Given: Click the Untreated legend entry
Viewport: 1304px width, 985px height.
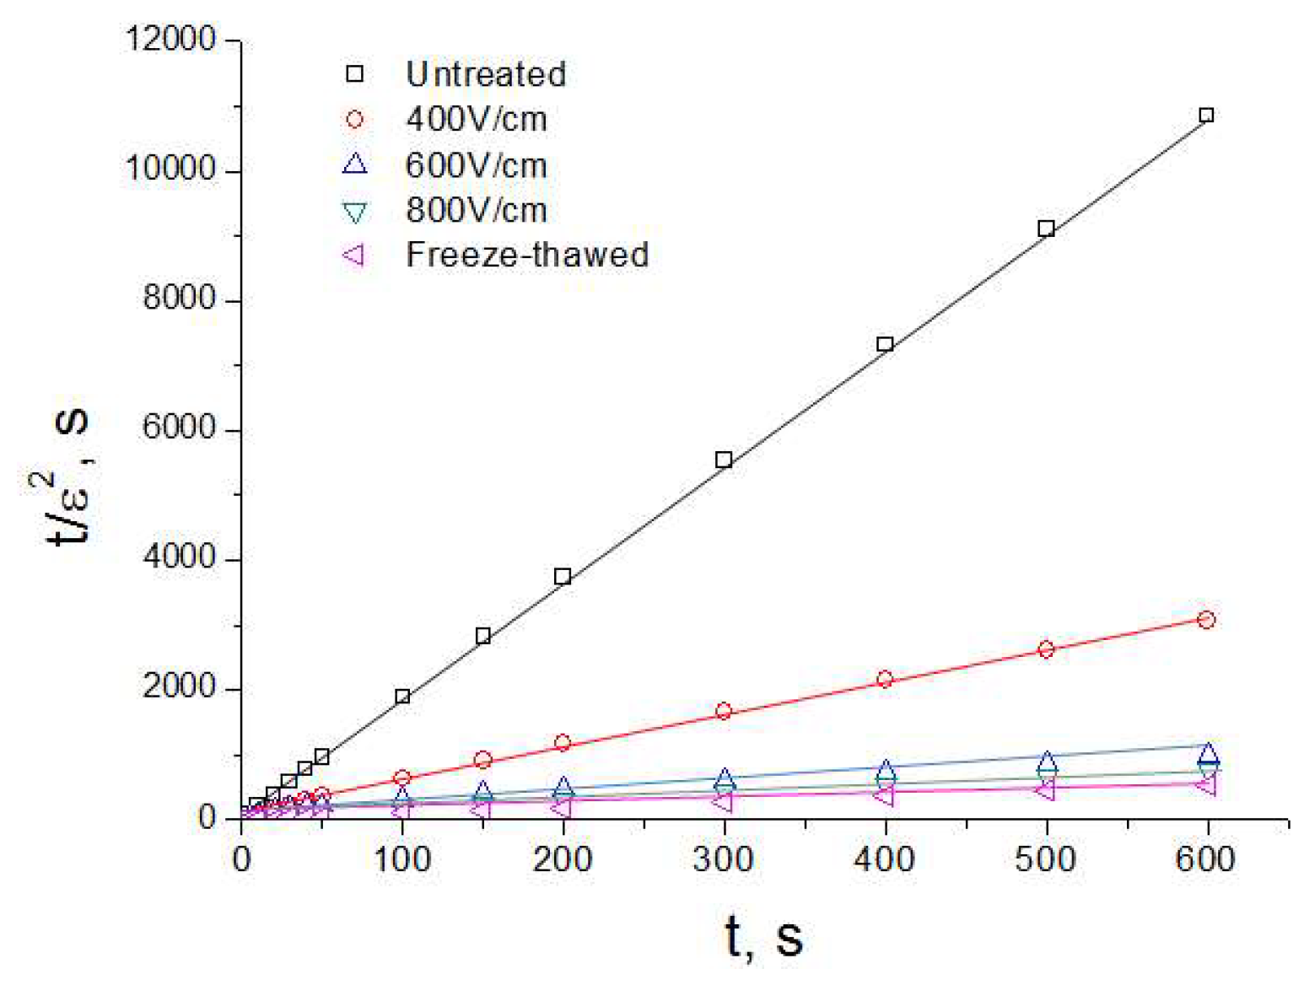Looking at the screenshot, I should (x=485, y=74).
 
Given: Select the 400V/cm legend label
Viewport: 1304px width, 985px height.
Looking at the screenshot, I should (x=476, y=119).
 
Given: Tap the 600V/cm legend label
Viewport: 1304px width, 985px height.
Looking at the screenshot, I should (x=476, y=164).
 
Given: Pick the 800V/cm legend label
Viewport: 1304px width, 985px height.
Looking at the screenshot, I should (x=476, y=210).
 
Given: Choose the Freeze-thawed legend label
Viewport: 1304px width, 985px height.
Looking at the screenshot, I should (x=527, y=255).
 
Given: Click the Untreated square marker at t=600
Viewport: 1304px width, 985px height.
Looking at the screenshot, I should (x=1206, y=116).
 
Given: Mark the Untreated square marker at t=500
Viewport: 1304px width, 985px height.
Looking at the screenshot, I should (x=1046, y=229).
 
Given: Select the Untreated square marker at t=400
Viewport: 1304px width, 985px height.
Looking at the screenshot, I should (x=885, y=344).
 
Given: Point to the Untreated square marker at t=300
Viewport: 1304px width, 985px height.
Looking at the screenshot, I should (x=724, y=460).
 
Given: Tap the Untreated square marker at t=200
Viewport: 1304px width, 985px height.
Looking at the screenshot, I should (x=563, y=577).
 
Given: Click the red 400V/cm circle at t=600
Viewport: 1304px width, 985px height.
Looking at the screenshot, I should (x=1206, y=620).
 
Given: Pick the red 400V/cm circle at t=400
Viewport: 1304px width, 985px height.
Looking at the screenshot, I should (x=885, y=679).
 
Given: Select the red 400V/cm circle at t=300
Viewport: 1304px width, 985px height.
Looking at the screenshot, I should (x=724, y=711).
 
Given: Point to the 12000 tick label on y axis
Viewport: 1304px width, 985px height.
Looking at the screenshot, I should (x=170, y=40).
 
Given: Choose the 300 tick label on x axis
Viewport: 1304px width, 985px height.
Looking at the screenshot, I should (x=723, y=859).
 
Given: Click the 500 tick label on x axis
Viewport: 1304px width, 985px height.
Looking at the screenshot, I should (x=1045, y=859).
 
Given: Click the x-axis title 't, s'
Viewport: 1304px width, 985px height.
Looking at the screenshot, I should (x=763, y=937).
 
